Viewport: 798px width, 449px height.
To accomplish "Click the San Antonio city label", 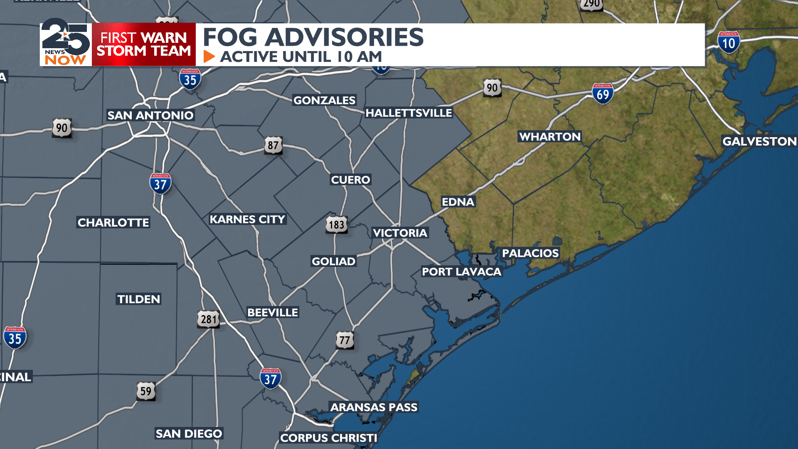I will tap(150, 115).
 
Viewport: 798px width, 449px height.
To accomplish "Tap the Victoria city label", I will tap(400, 233).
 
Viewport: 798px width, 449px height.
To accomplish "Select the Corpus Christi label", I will tap(328, 438).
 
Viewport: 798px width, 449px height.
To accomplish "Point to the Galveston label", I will tap(759, 141).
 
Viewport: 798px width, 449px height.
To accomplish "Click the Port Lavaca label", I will tap(461, 271).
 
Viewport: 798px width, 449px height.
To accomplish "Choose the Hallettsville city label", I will tap(409, 113).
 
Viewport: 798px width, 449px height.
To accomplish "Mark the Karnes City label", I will tap(247, 219).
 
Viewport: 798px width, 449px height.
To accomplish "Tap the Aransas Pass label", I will tap(374, 407).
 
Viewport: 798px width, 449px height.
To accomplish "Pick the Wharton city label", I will tap(549, 136).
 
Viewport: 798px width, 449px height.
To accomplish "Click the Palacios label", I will tap(530, 253).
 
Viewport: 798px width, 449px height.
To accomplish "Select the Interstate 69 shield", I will tap(603, 94).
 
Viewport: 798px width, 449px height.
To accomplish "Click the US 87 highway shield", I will tap(273, 145).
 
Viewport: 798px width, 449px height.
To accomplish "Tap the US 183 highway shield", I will tap(336, 224).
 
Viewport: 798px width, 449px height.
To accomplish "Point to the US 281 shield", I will tap(208, 319).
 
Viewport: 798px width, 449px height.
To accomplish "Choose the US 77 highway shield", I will tap(345, 340).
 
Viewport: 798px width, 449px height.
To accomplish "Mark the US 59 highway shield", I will tap(146, 391).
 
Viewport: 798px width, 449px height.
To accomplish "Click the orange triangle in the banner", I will tap(209, 57).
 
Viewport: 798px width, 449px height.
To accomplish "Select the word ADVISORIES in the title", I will tap(344, 37).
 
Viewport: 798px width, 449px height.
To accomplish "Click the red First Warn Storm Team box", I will tap(144, 44).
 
